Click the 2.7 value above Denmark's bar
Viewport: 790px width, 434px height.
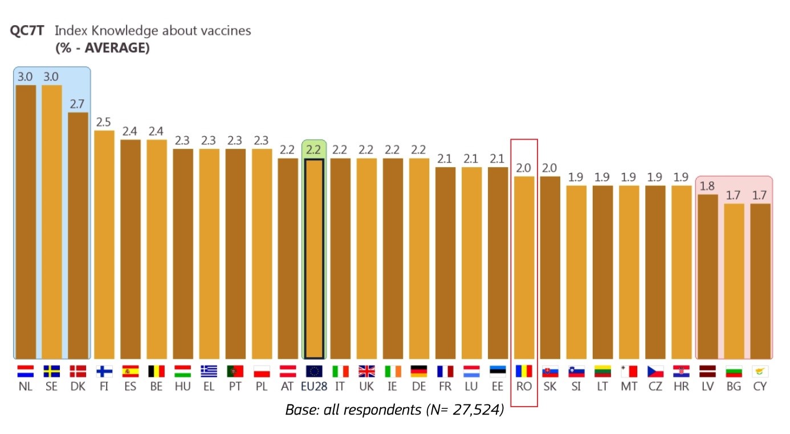click(78, 104)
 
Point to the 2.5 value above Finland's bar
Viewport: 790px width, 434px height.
click(104, 123)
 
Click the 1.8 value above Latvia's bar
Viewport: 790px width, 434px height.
click(707, 186)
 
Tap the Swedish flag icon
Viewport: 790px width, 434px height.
click(52, 371)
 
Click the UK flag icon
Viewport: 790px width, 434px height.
click(367, 371)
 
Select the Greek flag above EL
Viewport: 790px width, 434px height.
click(209, 371)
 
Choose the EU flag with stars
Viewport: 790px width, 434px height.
click(314, 371)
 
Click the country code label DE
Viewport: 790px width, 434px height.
click(419, 386)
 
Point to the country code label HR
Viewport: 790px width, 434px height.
click(681, 386)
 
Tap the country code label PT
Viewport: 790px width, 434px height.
click(235, 386)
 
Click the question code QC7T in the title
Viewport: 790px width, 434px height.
click(27, 31)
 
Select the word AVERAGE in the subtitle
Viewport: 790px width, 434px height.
click(116, 48)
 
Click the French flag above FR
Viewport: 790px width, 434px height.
click(445, 371)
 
